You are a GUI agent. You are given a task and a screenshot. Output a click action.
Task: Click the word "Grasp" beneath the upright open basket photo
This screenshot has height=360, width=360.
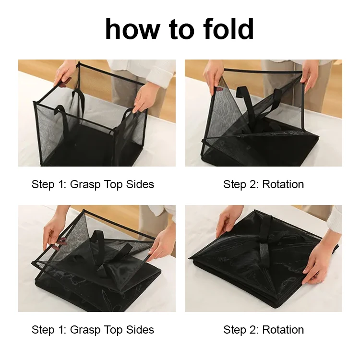tap(85, 185)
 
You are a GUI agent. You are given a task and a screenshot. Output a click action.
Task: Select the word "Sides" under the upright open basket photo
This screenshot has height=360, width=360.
tap(140, 184)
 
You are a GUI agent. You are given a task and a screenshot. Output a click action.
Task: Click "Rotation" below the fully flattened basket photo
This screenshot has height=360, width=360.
tap(283, 330)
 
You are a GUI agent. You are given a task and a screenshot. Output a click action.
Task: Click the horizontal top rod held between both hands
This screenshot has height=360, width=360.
tap(263, 71)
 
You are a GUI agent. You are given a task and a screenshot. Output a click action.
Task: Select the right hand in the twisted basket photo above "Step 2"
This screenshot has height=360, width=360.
tap(309, 73)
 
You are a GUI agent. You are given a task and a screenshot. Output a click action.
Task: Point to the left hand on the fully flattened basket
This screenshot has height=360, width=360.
tap(229, 222)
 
